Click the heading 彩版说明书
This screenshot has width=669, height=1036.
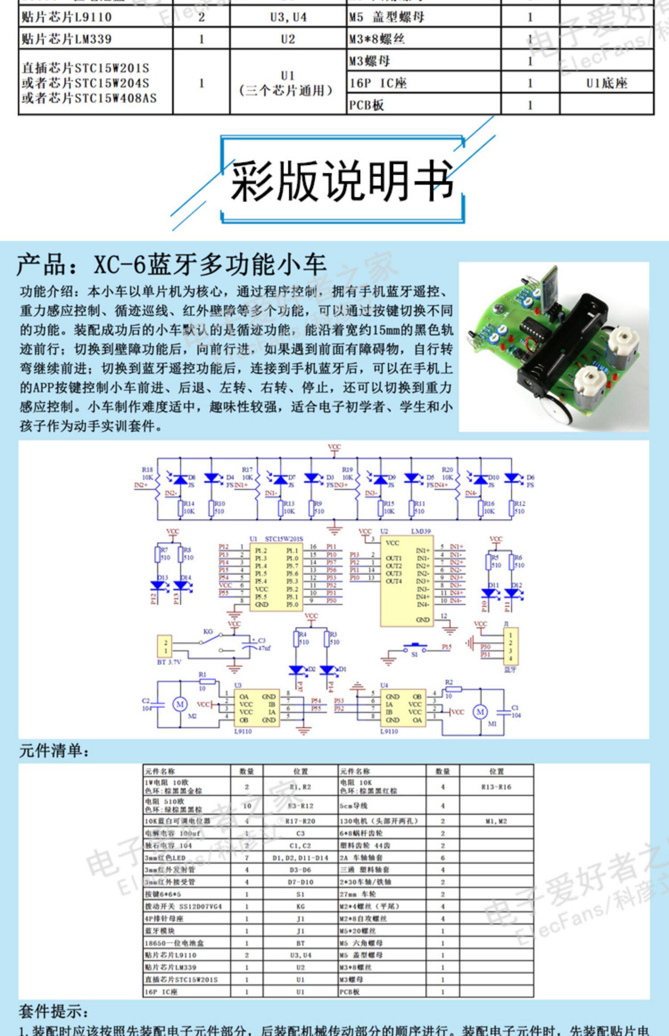tap(342, 181)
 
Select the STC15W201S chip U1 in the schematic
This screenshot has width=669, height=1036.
tap(276, 577)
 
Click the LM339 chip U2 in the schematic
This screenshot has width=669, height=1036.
tap(406, 581)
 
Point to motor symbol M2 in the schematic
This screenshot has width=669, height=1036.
tap(180, 704)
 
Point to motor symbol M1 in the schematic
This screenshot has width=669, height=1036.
tap(480, 712)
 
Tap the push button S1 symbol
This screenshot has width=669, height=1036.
tap(415, 647)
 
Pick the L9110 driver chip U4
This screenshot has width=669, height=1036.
tap(403, 708)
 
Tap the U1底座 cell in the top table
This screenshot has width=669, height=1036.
tap(607, 83)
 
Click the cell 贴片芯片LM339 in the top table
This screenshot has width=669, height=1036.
tap(95, 39)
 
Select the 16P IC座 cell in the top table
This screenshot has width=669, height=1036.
tap(424, 83)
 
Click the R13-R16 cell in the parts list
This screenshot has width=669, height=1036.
tap(496, 787)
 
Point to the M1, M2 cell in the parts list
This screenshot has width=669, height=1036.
tap(496, 821)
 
